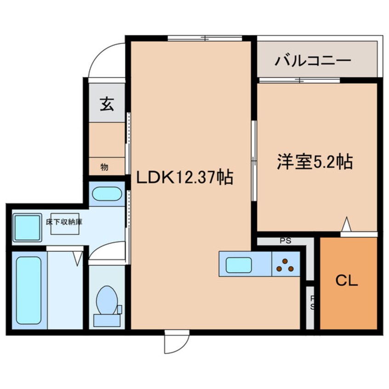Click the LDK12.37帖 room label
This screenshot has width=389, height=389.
[184, 177]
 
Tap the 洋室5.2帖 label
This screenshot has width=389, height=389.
[315, 161]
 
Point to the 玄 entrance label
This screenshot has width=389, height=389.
[106, 105]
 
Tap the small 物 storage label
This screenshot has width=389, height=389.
[104, 167]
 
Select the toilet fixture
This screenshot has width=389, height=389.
[107, 303]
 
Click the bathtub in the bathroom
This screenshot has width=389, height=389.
[28, 290]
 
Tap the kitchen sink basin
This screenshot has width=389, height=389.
[238, 265]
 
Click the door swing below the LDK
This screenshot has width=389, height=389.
[177, 343]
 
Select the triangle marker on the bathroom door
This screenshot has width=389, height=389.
[77, 257]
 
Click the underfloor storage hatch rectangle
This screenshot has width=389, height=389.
[65, 224]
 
